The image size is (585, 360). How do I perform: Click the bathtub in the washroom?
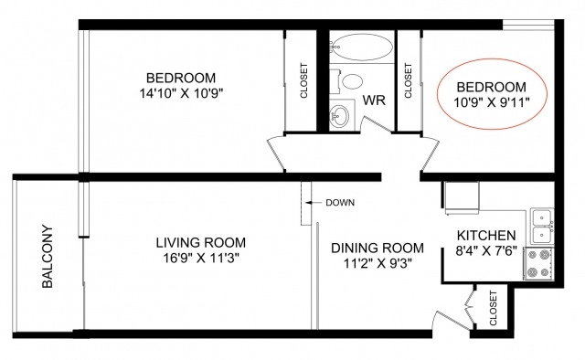point(362,48)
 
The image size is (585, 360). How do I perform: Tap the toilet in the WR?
point(347,81)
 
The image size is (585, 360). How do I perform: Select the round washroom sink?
point(339,116)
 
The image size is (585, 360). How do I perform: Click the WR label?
point(374,100)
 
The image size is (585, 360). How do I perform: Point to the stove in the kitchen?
point(538,263)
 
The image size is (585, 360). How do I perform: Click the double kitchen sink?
point(542,227)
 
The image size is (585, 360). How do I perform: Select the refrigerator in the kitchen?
point(462,197)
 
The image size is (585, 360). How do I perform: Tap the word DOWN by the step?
point(340,203)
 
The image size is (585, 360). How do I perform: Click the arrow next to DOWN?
point(314,203)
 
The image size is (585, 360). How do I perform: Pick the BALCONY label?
point(48,256)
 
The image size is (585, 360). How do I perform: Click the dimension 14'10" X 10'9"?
point(181,93)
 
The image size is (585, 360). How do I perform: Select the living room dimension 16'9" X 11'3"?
point(201,258)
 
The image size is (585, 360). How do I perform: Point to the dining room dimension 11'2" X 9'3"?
point(378,263)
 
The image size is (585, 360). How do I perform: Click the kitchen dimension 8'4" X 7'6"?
point(486,250)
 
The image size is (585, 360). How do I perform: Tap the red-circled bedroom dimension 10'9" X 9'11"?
point(492,101)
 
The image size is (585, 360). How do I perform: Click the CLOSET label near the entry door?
point(494,308)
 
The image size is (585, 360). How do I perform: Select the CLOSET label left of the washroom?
point(303,80)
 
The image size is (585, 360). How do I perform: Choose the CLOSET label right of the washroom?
point(408,80)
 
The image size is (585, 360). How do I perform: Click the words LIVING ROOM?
point(201,242)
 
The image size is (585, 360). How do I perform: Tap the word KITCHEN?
point(486,236)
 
